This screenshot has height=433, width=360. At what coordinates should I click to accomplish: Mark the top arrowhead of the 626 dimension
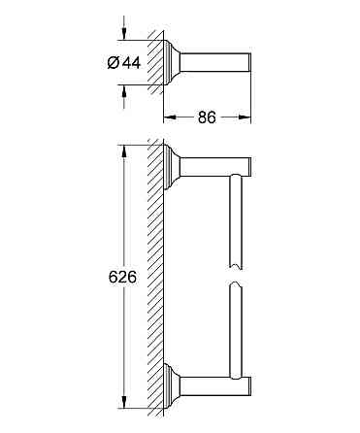coord(123,151)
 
